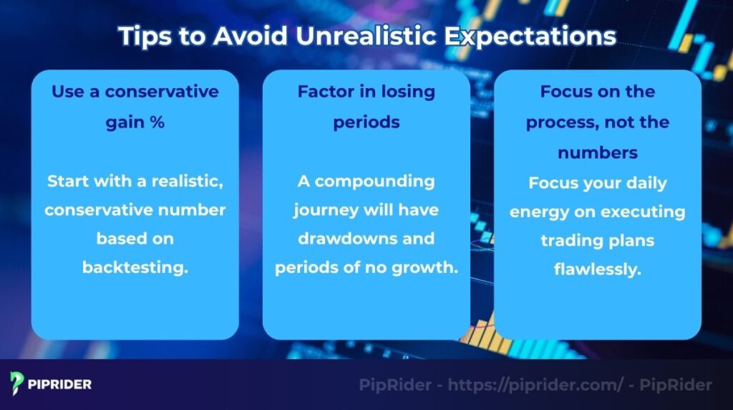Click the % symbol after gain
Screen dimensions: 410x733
(x=157, y=123)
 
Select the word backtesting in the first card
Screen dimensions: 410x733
(x=135, y=267)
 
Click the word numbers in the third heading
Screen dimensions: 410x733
(x=598, y=153)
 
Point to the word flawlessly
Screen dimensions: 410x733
(x=597, y=270)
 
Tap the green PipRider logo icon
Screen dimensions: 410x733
(x=17, y=383)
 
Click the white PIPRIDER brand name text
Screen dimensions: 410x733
(x=60, y=384)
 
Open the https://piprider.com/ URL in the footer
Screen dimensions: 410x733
(x=535, y=385)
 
